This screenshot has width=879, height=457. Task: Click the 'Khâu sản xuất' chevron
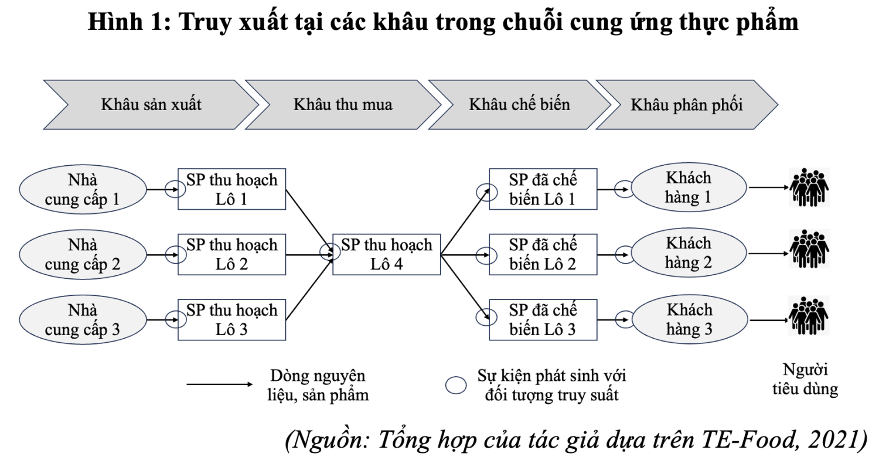(x=151, y=105)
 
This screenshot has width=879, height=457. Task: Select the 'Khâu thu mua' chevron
(x=343, y=105)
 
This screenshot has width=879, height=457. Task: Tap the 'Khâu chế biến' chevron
(x=520, y=105)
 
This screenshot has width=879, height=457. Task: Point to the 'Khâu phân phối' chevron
(x=687, y=105)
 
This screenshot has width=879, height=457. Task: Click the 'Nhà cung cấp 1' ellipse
(x=83, y=189)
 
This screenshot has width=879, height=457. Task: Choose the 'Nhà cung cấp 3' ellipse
(x=83, y=320)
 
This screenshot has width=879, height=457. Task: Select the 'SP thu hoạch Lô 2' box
(x=231, y=255)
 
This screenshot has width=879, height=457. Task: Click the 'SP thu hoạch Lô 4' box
(x=387, y=255)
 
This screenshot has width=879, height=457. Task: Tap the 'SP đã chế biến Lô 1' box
(x=543, y=189)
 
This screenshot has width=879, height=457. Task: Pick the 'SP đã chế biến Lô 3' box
(x=543, y=320)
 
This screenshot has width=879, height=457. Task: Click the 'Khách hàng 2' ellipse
(x=689, y=253)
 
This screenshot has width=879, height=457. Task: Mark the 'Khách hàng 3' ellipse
(x=690, y=319)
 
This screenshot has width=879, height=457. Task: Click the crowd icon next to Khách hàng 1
(x=809, y=187)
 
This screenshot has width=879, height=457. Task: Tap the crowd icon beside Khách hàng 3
(x=808, y=316)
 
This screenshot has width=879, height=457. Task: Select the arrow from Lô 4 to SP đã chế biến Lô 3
(x=465, y=287)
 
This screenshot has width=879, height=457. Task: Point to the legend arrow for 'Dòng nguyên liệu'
(x=220, y=384)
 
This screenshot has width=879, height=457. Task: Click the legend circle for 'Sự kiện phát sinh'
(x=456, y=385)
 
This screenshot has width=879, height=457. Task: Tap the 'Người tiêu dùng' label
(x=805, y=379)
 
